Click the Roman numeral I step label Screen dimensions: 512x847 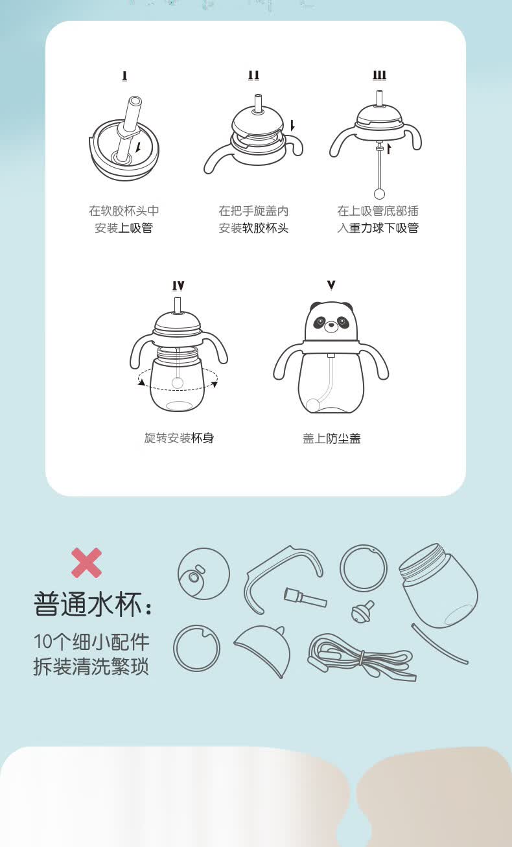point(124,76)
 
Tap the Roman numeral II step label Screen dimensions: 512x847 point(253,75)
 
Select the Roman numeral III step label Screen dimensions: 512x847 point(380,75)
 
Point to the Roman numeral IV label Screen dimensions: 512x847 point(178,286)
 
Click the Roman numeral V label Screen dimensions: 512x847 point(331,284)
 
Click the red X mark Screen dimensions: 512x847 point(87,563)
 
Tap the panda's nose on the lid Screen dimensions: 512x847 point(331,325)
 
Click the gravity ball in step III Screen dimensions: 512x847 point(379,194)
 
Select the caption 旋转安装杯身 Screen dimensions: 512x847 point(179,438)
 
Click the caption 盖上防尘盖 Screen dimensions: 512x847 point(332,438)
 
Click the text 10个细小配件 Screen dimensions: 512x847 point(91,642)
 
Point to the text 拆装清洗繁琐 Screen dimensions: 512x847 point(91,666)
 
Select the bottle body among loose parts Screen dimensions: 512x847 point(439,585)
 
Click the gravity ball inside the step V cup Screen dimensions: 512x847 point(313,405)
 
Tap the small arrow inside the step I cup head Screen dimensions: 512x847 point(139,147)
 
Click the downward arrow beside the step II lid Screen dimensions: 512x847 point(292,126)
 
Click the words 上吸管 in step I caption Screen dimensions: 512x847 point(135,228)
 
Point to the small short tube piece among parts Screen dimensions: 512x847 point(305,598)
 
